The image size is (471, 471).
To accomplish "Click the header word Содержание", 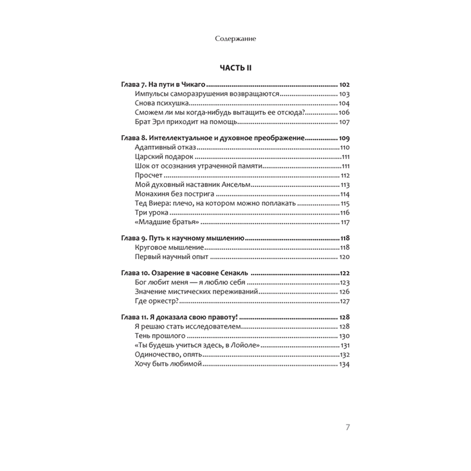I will [x=235, y=39].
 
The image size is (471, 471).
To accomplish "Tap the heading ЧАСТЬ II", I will [x=236, y=68].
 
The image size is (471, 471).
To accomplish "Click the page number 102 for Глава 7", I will [x=345, y=85].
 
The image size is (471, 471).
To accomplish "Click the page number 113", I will [x=345, y=185].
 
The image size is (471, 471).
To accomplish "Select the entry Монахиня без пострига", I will [x=175, y=194].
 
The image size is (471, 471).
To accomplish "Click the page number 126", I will [x=345, y=292].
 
